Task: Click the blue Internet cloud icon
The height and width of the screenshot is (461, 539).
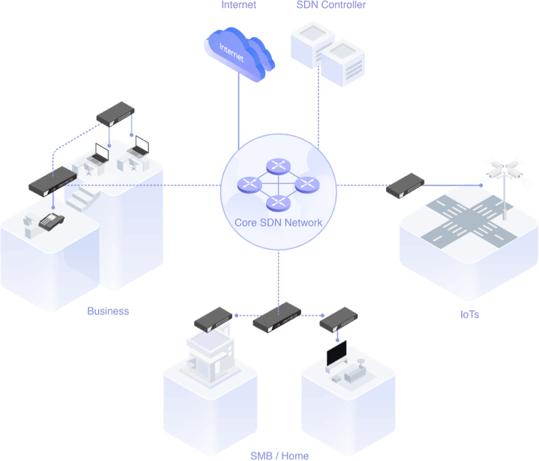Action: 239,54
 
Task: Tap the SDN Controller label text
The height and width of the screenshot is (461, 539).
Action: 331,5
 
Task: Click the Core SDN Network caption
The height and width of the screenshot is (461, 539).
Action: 278,223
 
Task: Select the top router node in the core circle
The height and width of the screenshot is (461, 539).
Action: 278,166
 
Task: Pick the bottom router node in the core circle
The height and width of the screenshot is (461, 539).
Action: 278,203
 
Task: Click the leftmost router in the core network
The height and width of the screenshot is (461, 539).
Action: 250,185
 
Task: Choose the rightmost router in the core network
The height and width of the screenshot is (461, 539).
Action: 307,185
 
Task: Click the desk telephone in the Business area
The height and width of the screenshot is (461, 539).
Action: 51,222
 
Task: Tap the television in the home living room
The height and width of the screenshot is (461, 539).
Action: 337,354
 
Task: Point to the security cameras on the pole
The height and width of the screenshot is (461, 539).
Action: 504,171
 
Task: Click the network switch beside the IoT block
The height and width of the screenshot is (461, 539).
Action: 406,185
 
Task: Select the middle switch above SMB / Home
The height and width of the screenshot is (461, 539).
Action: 277,317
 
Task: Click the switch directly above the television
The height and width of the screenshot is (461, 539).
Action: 339,320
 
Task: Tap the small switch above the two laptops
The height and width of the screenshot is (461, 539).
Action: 116,114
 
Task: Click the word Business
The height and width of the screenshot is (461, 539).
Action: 108,311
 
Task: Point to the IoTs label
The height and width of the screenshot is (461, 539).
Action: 469,315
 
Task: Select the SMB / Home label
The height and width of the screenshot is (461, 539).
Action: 280,456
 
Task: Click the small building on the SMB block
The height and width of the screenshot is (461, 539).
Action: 211,357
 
